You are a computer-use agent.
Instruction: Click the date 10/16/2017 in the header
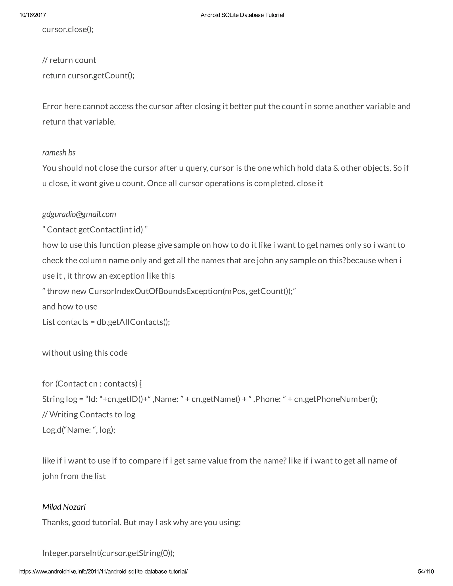pos(33,15)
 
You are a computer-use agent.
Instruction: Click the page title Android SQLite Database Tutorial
pos(242,15)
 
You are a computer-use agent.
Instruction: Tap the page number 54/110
pos(426,571)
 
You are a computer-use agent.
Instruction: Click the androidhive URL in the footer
pos(104,571)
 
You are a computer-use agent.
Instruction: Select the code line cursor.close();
pos(68,29)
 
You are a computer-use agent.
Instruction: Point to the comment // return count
pos(69,60)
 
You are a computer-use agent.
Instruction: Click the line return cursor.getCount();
pos(88,75)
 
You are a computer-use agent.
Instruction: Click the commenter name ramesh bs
pos(59,153)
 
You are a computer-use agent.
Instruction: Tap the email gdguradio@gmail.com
pos(79,214)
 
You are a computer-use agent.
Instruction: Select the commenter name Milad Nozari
pos(64,507)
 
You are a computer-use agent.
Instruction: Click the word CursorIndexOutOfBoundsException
pos(155,291)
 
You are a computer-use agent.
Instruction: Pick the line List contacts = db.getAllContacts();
pos(106,322)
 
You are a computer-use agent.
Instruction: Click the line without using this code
pos(85,353)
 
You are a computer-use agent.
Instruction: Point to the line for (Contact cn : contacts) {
pos(92,384)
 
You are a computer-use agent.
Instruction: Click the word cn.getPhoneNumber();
pos(336,399)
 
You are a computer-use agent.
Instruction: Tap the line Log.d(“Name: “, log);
pos(79,430)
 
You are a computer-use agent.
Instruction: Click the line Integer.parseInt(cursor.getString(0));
pos(108,553)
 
